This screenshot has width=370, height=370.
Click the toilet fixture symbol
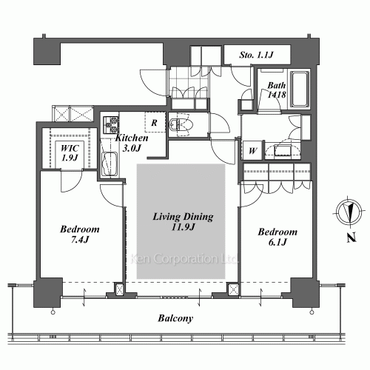click(179, 124)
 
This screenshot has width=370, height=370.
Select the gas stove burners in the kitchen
click(110, 124)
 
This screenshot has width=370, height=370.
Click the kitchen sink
click(110, 164)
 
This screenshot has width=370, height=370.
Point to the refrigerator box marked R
click(155, 122)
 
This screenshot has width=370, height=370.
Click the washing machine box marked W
click(252, 150)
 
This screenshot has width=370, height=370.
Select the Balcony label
click(175, 318)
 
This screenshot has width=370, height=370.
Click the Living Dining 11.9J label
click(183, 221)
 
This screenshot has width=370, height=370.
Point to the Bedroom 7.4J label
click(80, 234)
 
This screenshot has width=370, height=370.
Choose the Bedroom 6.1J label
click(277, 237)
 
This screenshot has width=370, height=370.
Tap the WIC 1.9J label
click(70, 153)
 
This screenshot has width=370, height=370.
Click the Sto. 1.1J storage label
click(256, 55)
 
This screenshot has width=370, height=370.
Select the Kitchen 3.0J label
click(132, 143)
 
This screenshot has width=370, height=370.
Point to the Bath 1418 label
click(277, 90)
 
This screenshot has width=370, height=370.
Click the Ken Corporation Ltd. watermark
click(184, 259)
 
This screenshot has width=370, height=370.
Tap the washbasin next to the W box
click(283, 150)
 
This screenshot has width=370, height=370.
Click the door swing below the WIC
click(72, 181)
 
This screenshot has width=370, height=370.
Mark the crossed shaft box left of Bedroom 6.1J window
click(233, 289)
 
